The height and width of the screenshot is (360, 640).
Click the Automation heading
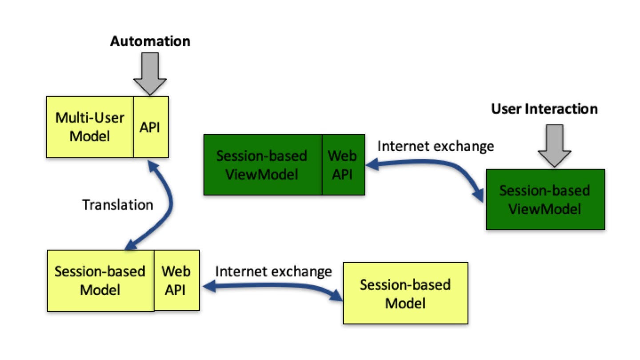click(x=150, y=42)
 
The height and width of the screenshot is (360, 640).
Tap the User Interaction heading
click(x=544, y=109)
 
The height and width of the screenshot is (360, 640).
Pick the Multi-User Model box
click(x=90, y=127)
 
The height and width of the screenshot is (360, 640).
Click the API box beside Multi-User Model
click(x=151, y=127)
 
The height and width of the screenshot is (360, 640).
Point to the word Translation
click(x=118, y=204)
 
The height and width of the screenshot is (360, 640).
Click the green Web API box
click(x=343, y=165)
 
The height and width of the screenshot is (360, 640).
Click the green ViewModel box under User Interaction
click(x=545, y=199)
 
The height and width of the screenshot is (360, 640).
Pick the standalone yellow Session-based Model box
click(x=405, y=293)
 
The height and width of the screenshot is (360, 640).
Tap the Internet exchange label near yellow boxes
click(x=273, y=271)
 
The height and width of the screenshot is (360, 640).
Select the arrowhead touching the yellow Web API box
click(x=206, y=288)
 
